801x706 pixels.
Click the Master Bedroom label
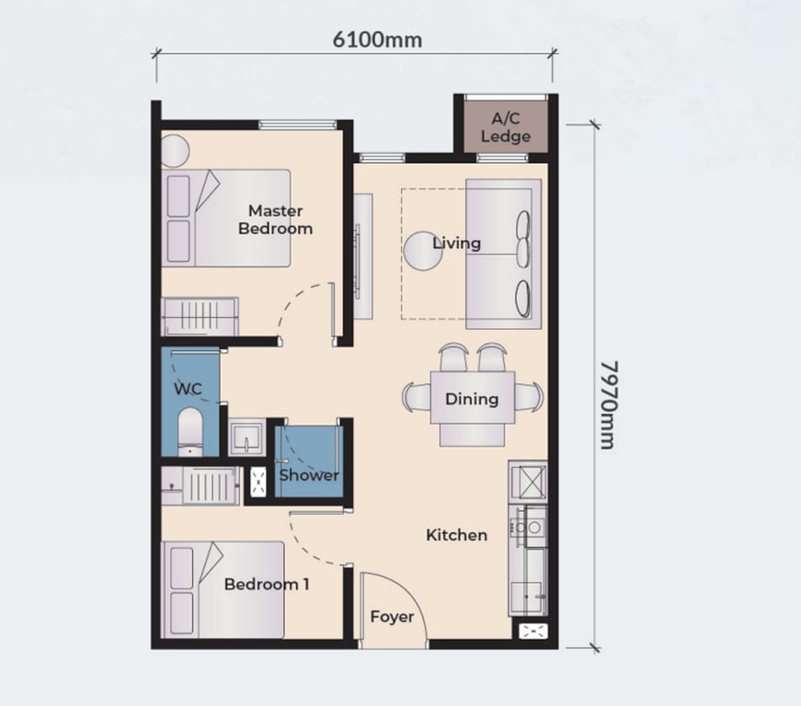(275, 220)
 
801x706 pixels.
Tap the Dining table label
(472, 399)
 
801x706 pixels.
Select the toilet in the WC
(189, 432)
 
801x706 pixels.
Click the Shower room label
(309, 475)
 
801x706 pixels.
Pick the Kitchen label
(456, 534)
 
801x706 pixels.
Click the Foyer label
(392, 617)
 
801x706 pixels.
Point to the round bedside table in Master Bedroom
(175, 150)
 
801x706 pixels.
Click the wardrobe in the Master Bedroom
(200, 316)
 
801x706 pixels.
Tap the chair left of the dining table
(415, 398)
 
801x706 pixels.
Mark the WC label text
(188, 389)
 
